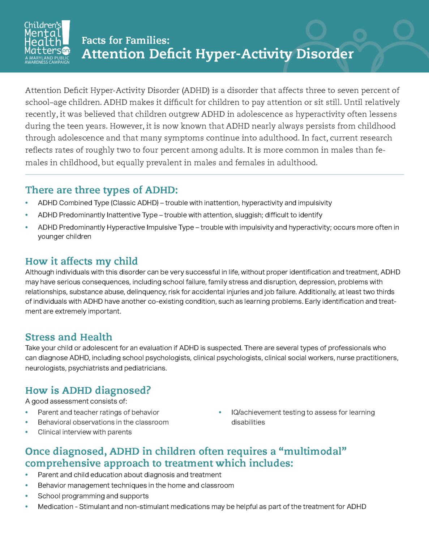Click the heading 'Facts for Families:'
pyautogui.click(x=125, y=40)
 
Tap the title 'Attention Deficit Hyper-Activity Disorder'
pyautogui.click(x=218, y=54)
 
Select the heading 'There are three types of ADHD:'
pyautogui.click(x=102, y=190)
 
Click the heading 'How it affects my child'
pyautogui.click(x=81, y=261)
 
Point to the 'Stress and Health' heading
pyautogui.click(x=69, y=337)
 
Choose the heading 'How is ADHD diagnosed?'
pyautogui.click(x=88, y=390)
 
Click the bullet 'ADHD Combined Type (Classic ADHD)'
pyautogui.click(x=184, y=203)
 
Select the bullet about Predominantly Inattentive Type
pyautogui.click(x=180, y=215)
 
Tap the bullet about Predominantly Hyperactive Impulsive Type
pyautogui.click(x=218, y=228)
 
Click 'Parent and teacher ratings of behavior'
pyautogui.click(x=98, y=412)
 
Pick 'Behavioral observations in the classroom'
pyautogui.click(x=103, y=422)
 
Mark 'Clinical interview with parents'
pyautogui.click(x=85, y=432)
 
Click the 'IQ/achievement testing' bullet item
pyautogui.click(x=303, y=413)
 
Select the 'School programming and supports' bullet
pyautogui.click(x=93, y=496)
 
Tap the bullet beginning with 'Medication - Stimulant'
pyautogui.click(x=202, y=507)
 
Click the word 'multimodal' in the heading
pyautogui.click(x=313, y=451)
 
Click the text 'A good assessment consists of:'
pyautogui.click(x=76, y=401)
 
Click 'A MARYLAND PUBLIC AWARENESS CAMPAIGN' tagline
pyautogui.click(x=47, y=60)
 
